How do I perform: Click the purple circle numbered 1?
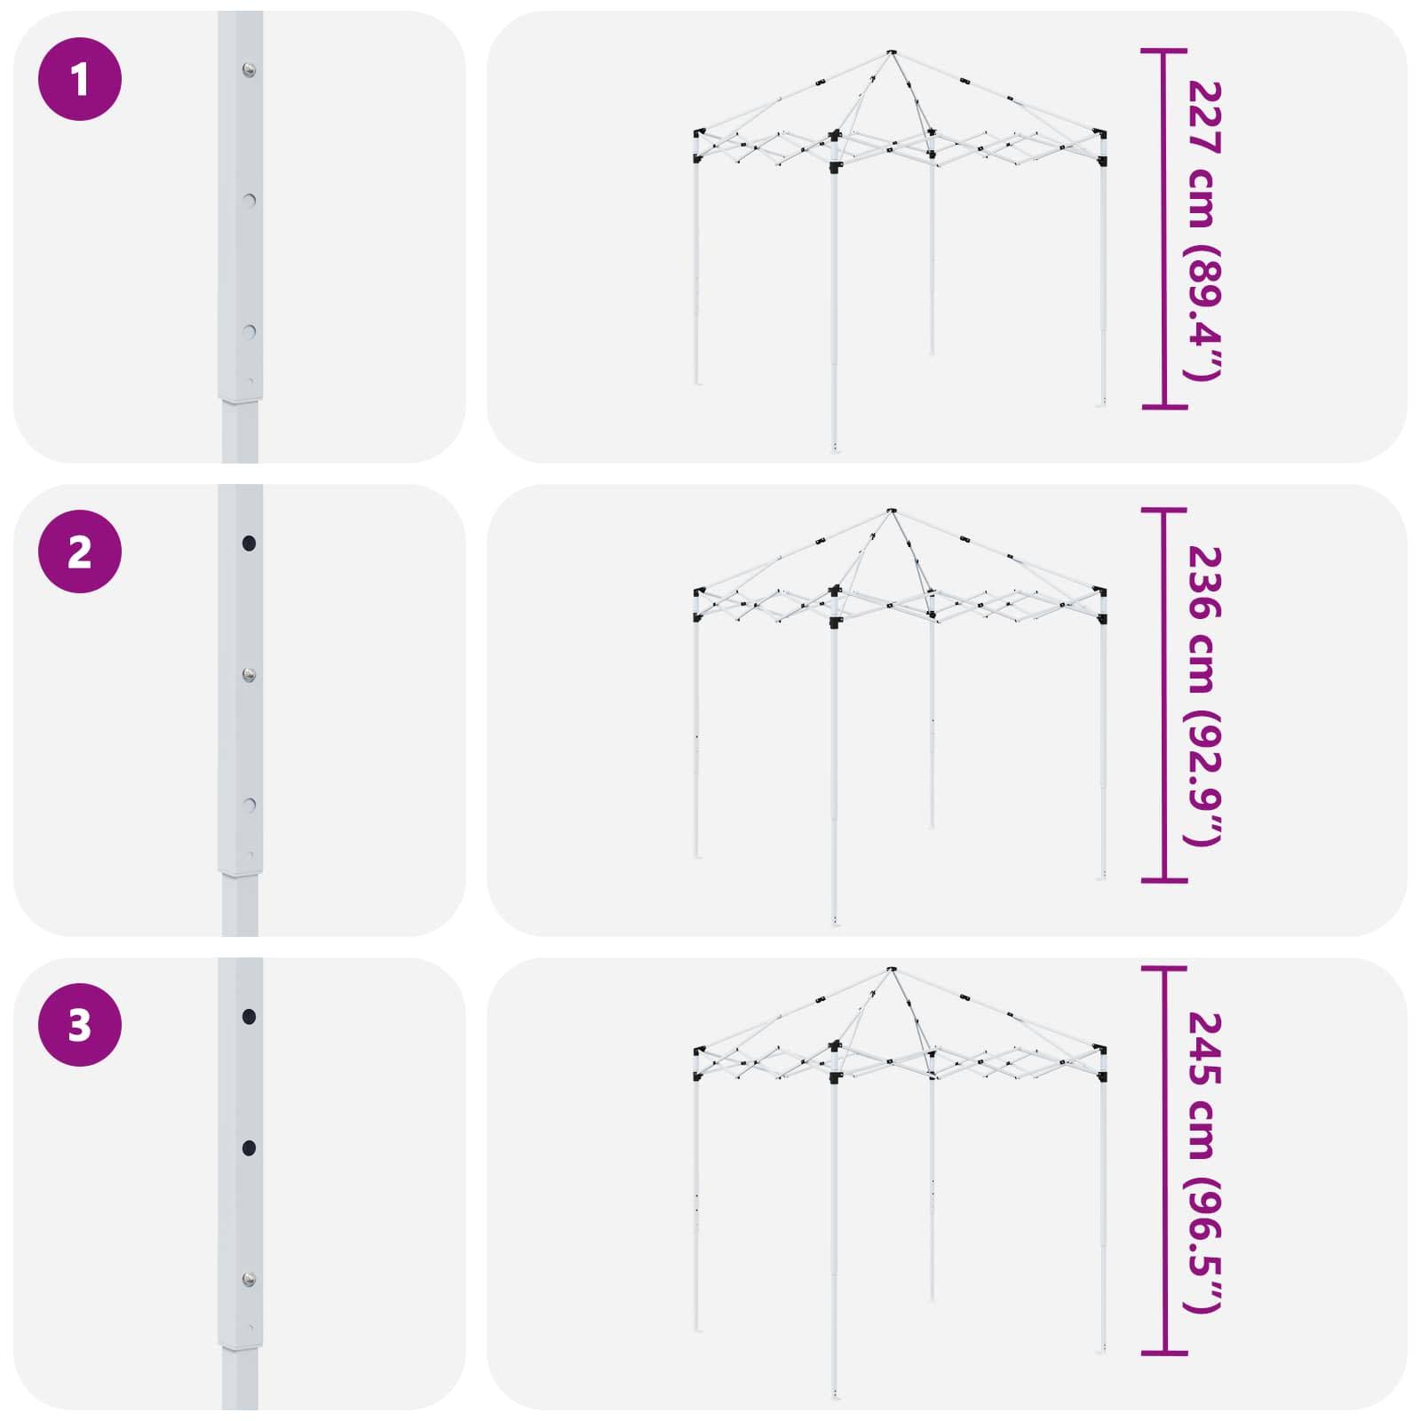point(80,79)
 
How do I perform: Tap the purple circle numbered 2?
point(80,552)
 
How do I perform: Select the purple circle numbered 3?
point(80,1025)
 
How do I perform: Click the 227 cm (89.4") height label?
point(1205,230)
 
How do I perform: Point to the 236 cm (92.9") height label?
point(1205,696)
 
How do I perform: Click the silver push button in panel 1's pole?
point(249,69)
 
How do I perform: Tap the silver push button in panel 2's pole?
point(249,676)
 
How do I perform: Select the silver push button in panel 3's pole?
point(249,1280)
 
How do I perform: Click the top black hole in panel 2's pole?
point(249,543)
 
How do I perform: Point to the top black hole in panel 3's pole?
point(249,1016)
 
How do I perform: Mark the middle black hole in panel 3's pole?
point(249,1148)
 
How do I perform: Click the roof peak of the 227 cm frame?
point(891,53)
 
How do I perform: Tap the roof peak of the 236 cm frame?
point(891,512)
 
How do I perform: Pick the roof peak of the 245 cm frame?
point(891,970)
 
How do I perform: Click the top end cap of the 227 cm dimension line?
point(1163,51)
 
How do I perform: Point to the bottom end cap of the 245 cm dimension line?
point(1163,1354)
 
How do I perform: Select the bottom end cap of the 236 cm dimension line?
point(1163,880)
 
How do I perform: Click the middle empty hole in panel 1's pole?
point(250,201)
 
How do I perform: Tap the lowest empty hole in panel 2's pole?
point(250,806)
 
